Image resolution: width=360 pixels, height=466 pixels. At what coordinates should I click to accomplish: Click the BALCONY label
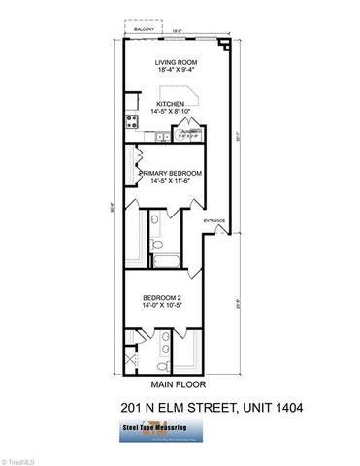[148, 30]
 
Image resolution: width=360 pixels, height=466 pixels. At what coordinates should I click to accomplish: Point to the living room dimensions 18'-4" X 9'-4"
[177, 70]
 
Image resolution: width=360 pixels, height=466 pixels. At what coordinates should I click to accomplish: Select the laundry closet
[193, 133]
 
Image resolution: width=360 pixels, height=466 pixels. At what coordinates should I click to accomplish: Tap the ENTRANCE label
[214, 221]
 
